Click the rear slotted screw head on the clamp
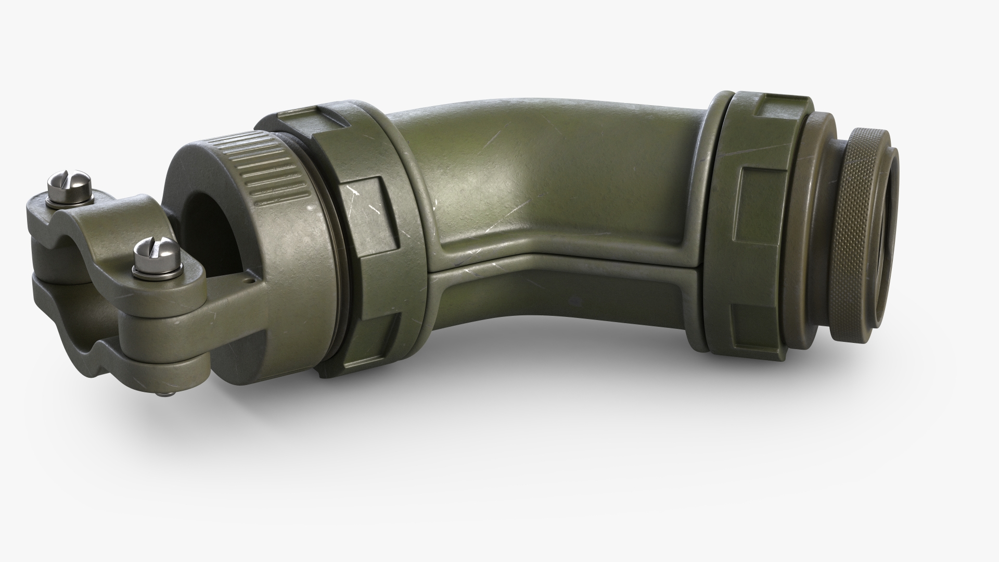(x=70, y=183)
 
